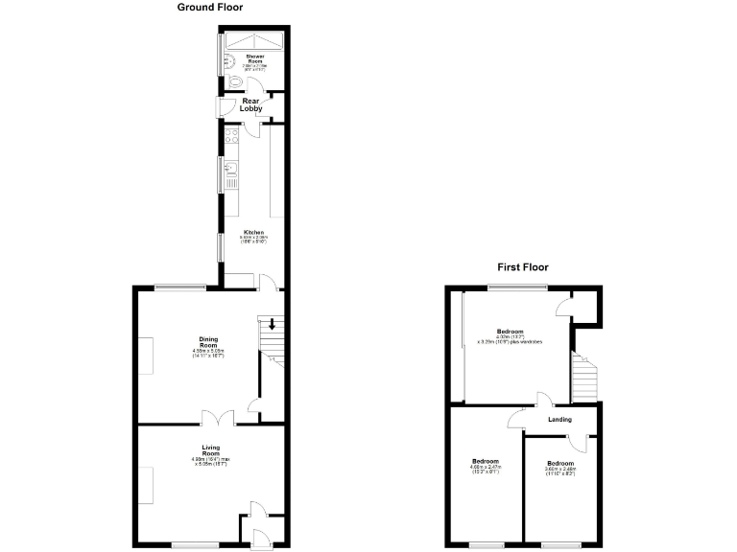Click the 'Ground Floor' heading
[210, 8]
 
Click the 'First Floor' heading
[522, 267]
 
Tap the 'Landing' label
[559, 419]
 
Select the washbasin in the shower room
[226, 64]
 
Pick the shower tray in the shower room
[252, 41]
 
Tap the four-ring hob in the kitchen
[230, 138]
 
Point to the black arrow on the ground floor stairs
[272, 325]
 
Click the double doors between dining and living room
[218, 418]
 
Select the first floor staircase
[583, 377]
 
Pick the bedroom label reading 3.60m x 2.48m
[559, 468]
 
